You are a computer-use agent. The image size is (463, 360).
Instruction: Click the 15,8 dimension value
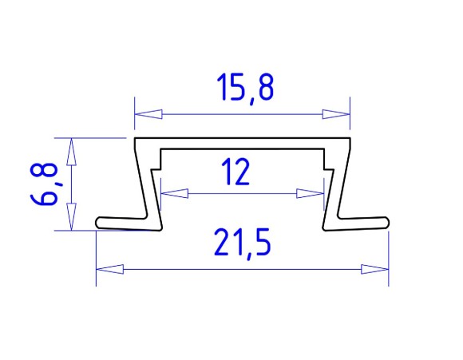tap(245, 88)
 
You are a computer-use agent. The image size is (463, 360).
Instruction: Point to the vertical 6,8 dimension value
tap(46, 184)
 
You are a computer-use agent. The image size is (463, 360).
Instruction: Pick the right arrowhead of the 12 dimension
tap(311, 193)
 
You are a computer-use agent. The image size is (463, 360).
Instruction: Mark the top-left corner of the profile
tap(136, 140)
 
